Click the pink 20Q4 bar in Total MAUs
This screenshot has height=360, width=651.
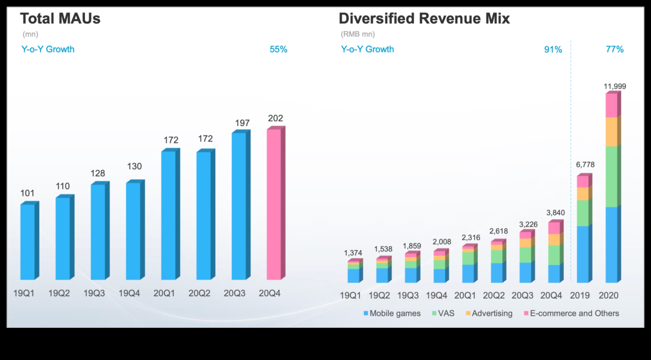point(274,204)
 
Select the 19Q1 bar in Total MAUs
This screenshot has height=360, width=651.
point(28,242)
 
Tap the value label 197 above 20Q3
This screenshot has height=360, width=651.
point(242,123)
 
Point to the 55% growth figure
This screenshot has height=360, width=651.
point(278,49)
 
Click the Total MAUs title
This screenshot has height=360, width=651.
point(60,18)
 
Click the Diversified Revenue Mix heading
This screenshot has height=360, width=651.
point(424,18)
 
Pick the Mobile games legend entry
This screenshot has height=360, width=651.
point(392,313)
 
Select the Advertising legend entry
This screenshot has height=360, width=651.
point(489,313)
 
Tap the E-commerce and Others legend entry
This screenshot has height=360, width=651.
point(571,313)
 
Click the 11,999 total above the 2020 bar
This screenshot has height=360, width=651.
point(615,86)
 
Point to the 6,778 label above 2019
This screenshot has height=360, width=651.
point(585,165)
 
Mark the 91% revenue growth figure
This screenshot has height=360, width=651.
point(553,49)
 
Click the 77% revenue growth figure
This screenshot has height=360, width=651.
point(615,49)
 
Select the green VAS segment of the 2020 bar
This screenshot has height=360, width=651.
point(611,177)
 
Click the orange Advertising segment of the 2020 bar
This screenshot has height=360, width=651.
point(611,132)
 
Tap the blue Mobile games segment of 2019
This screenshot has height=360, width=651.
point(583,254)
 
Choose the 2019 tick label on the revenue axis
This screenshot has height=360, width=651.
point(580,295)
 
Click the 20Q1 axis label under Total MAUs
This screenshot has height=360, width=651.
point(164,293)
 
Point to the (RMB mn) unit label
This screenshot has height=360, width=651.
point(358,34)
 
